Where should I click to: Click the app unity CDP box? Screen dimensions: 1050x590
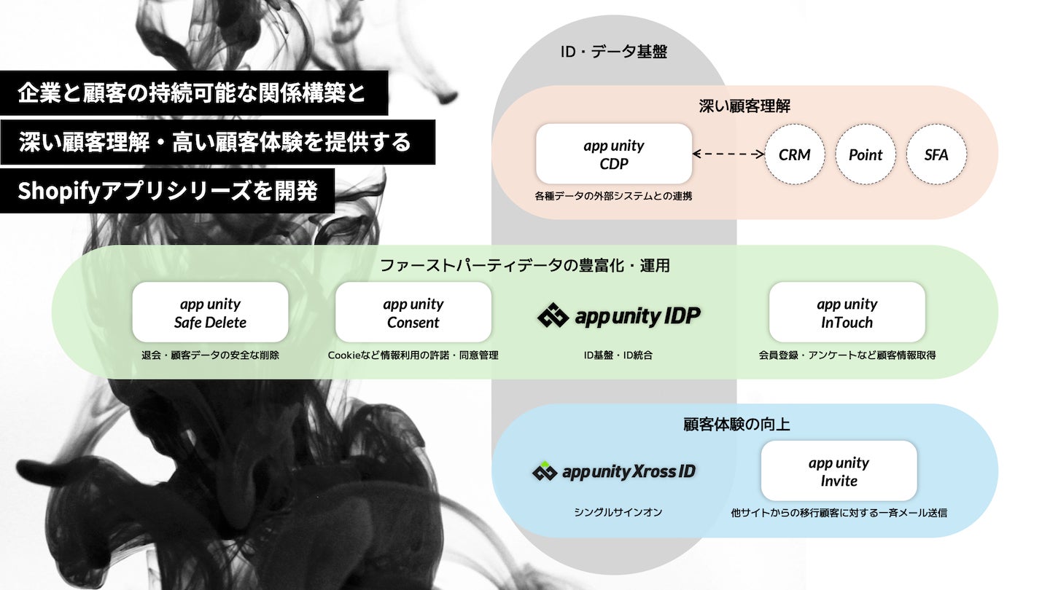(x=613, y=154)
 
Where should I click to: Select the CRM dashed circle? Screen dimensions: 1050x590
(x=794, y=154)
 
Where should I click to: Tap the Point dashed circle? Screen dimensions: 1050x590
(x=866, y=154)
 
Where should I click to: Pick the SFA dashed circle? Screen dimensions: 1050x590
(x=936, y=154)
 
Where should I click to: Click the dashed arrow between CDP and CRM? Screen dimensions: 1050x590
(x=728, y=154)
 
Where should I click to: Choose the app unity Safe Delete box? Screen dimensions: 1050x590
(x=210, y=312)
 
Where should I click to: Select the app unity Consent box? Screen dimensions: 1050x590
(x=413, y=312)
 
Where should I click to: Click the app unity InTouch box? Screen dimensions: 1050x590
(x=847, y=312)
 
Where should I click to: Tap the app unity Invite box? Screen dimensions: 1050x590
(x=839, y=471)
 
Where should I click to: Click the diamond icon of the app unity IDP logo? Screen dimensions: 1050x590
(x=553, y=316)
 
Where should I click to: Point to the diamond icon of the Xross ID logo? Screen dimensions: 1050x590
(x=545, y=472)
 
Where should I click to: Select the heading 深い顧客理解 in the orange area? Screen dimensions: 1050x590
(x=744, y=106)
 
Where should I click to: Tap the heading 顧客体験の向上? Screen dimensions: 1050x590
(x=736, y=424)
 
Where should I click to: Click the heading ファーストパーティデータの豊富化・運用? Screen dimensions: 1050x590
(x=524, y=265)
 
